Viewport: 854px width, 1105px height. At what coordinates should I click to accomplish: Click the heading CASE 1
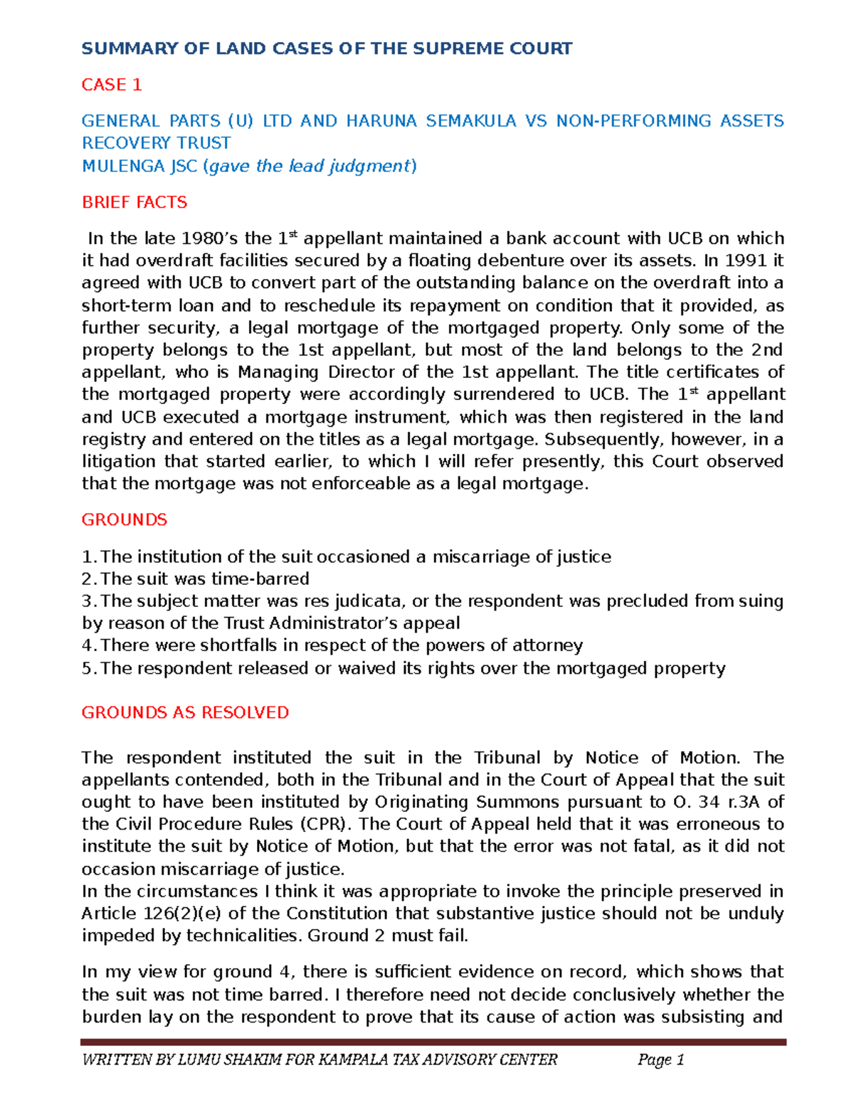click(x=112, y=85)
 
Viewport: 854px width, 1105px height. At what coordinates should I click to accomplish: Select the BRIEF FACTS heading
click(x=135, y=202)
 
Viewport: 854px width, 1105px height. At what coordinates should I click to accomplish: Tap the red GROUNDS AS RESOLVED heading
click(x=185, y=712)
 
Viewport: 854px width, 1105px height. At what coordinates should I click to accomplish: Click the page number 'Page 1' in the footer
click(x=660, y=1060)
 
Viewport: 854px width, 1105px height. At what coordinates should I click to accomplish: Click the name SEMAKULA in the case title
click(x=471, y=121)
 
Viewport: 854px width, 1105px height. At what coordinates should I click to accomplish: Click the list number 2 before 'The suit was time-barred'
click(x=87, y=578)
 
